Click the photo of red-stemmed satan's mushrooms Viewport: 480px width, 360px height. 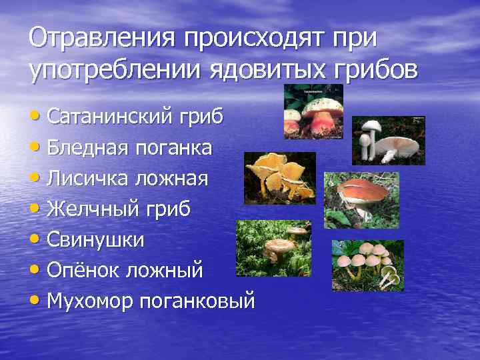click(313, 111)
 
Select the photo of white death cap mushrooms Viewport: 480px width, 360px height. click(389, 140)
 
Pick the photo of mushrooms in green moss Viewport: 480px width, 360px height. click(273, 248)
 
